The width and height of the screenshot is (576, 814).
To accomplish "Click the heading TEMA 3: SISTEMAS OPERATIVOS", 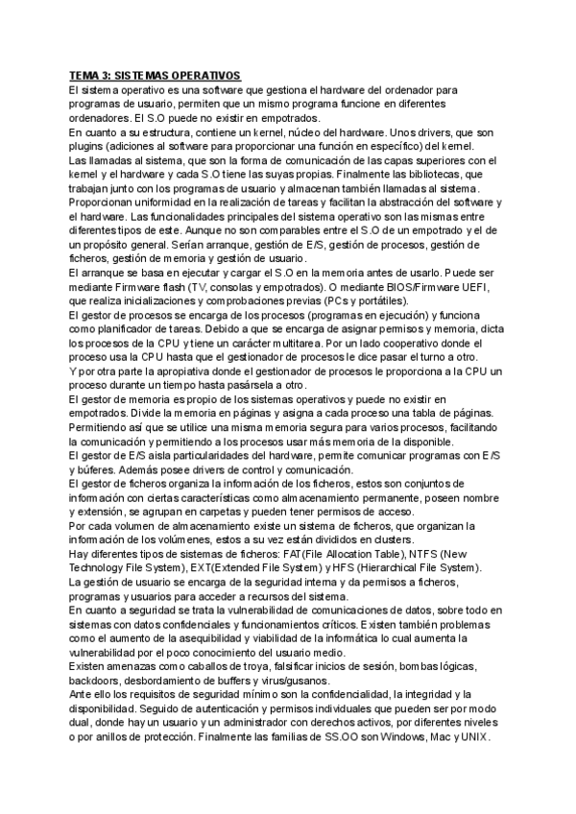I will (155, 76).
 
